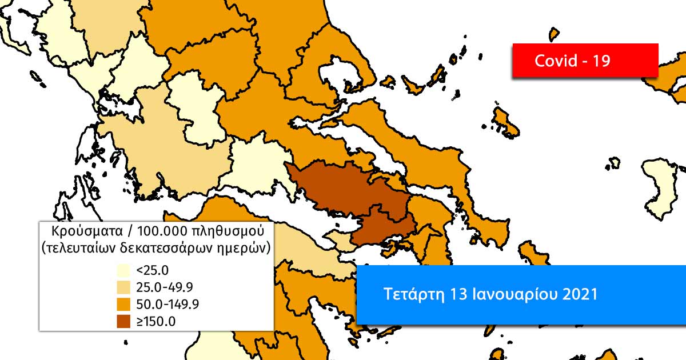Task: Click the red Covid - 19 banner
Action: (585, 60)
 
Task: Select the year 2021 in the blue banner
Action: (580, 294)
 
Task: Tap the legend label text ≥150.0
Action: (156, 321)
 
